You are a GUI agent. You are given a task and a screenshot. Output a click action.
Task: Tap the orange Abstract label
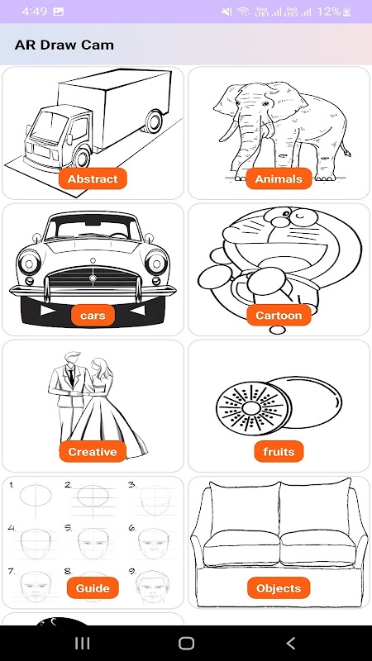pos(93,178)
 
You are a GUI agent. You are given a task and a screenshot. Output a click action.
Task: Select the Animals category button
pos(279,178)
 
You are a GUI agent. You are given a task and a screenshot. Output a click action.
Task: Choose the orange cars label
pos(93,316)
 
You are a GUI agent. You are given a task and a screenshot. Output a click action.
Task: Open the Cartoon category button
pos(279,316)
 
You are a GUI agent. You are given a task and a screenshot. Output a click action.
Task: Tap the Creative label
pos(93,452)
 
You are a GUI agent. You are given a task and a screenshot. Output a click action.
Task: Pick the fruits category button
pos(279,452)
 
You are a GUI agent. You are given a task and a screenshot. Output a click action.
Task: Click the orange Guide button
pos(93,588)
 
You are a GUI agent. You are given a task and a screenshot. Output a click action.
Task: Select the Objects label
pos(279,588)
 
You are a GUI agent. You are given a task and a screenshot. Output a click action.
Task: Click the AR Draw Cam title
pos(64,45)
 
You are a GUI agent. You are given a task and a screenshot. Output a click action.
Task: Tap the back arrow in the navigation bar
pos(291,643)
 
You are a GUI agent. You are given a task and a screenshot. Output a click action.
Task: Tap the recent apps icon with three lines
pos(82,643)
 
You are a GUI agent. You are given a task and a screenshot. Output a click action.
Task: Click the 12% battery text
pos(328,12)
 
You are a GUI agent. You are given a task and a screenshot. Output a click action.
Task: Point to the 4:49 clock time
pos(34,12)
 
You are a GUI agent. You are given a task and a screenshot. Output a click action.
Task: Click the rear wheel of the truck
pos(154,121)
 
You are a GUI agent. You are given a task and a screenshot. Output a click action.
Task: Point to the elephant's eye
pos(265,104)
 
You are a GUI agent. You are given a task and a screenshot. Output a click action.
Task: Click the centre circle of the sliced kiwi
pos(251,408)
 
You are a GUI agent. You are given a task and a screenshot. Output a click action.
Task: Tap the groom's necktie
pos(71,375)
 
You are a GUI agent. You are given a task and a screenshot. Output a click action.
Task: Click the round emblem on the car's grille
pos(93,278)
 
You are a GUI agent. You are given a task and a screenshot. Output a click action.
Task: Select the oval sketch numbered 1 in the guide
pos(36,495)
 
